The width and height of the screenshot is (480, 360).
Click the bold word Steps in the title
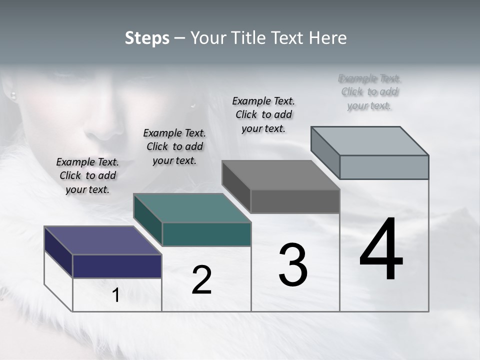(x=147, y=38)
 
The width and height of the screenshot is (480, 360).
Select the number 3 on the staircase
(x=293, y=265)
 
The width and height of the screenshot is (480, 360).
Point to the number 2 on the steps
(x=201, y=280)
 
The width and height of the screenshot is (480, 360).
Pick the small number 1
(x=115, y=295)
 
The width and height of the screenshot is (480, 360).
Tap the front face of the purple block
(x=117, y=266)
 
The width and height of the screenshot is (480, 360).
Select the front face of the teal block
(x=206, y=234)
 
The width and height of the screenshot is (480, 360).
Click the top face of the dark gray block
(x=280, y=175)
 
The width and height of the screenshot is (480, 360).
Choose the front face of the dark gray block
(x=295, y=201)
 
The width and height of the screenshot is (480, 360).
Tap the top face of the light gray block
(x=369, y=140)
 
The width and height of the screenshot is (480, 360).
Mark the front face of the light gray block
(x=384, y=167)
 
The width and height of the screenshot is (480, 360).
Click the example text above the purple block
(x=87, y=175)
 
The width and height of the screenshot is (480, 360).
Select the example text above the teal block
(x=174, y=146)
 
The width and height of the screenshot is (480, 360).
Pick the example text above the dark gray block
(x=263, y=114)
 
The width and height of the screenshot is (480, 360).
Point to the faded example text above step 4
(x=369, y=91)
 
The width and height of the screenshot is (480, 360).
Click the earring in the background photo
(x=13, y=94)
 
